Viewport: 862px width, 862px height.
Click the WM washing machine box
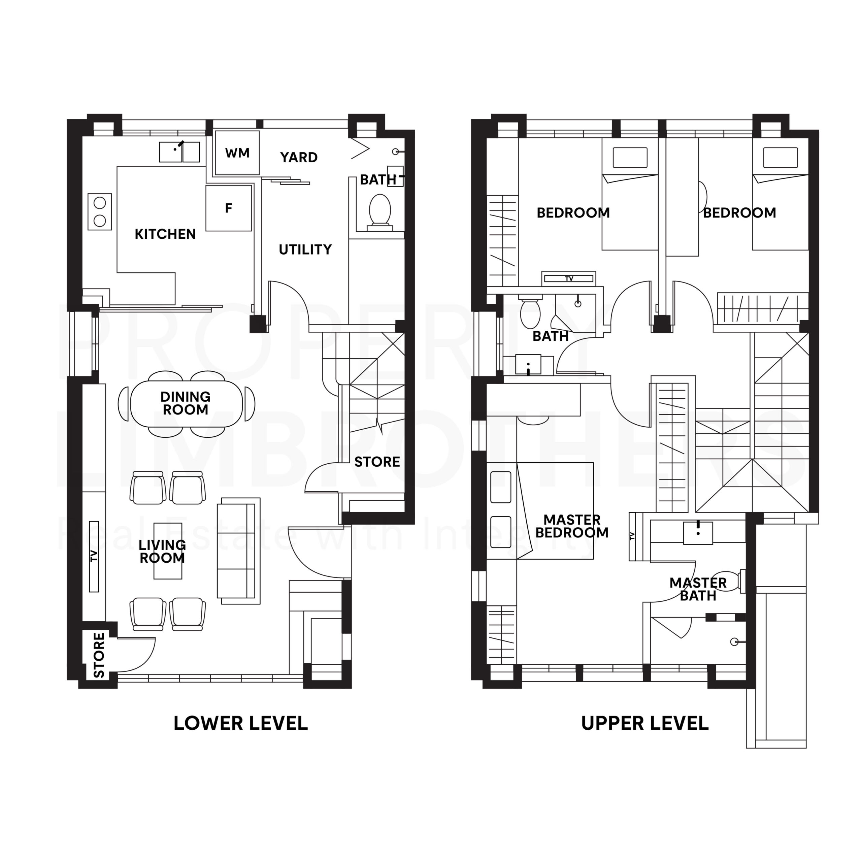coord(237,153)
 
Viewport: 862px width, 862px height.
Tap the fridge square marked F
coord(228,208)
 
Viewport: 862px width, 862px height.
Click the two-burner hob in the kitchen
coord(99,211)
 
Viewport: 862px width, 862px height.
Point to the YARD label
coord(298,158)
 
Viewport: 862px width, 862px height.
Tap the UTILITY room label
coord(305,250)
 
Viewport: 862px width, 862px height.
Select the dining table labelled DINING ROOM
coord(186,403)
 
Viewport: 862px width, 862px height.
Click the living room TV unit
coord(94,556)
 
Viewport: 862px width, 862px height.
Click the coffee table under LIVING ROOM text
coord(168,551)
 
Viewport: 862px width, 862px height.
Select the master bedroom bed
coord(556,510)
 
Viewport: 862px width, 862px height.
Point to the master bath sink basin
coord(698,533)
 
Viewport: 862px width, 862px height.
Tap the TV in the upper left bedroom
coord(568,278)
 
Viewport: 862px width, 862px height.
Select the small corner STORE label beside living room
coord(99,655)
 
